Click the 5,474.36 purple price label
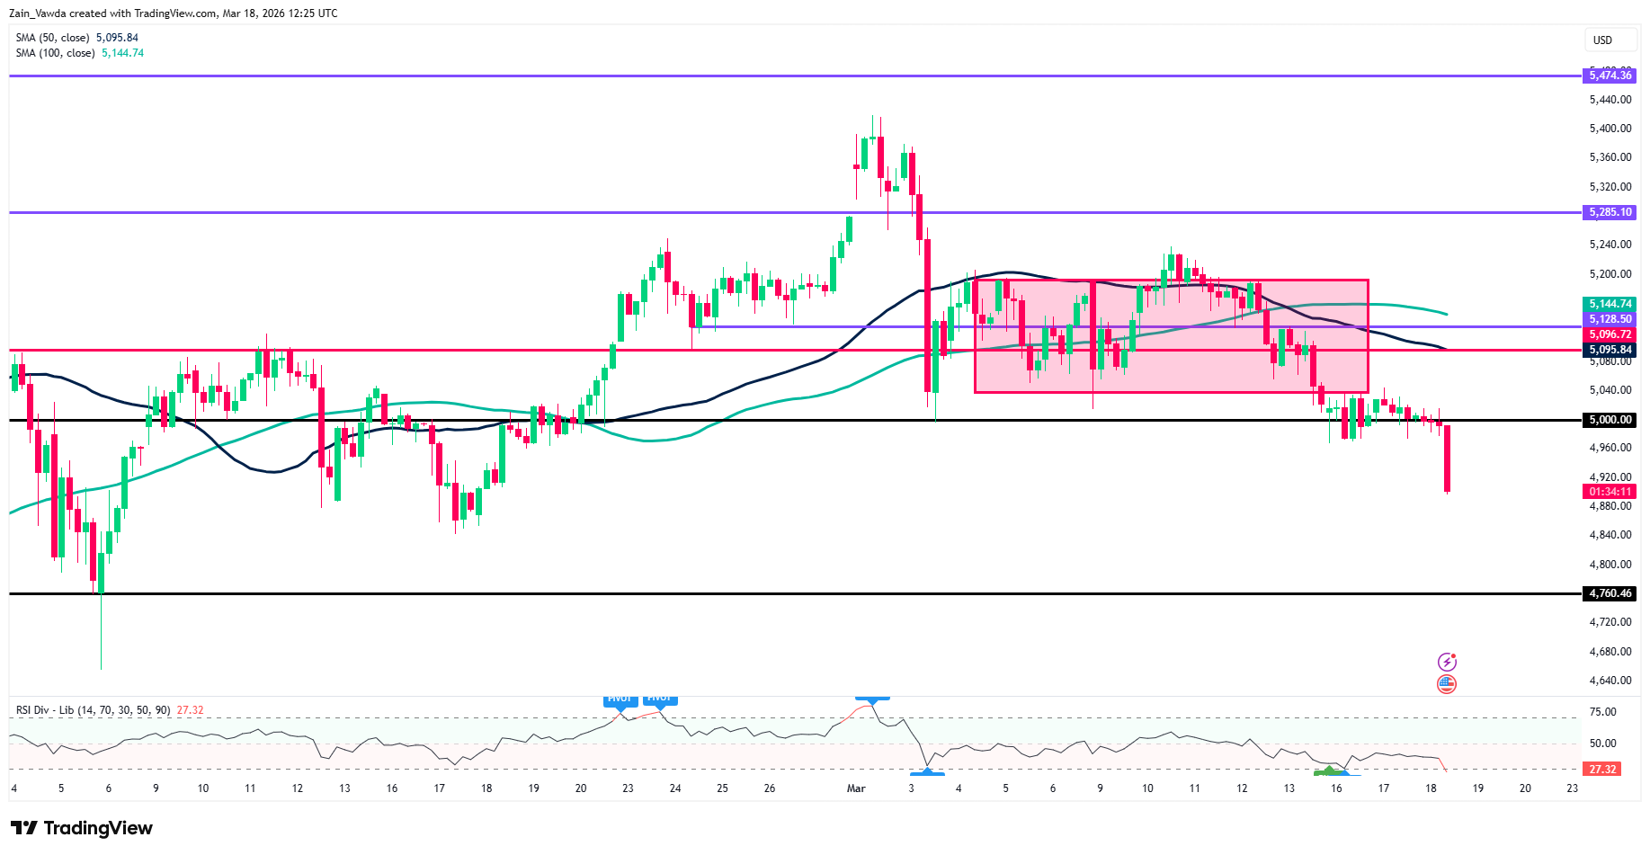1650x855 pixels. point(1610,76)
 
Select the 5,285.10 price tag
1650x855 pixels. point(1610,212)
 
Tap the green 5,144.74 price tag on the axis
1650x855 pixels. point(1610,304)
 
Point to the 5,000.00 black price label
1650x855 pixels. point(1610,420)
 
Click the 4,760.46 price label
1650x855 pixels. point(1610,593)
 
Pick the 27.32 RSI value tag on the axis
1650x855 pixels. point(1602,770)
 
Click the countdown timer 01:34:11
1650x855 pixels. point(1610,492)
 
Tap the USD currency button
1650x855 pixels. point(1602,40)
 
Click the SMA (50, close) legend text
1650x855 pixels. point(52,38)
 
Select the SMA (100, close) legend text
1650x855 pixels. point(55,53)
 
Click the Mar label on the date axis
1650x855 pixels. point(856,788)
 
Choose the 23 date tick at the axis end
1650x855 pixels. point(1572,788)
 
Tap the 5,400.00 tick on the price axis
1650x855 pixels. point(1610,129)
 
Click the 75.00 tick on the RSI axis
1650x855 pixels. point(1602,712)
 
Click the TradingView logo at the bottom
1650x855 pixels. point(82,828)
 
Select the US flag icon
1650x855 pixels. point(1446,684)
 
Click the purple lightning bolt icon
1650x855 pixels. point(1446,662)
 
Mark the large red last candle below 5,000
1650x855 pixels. point(1447,459)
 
